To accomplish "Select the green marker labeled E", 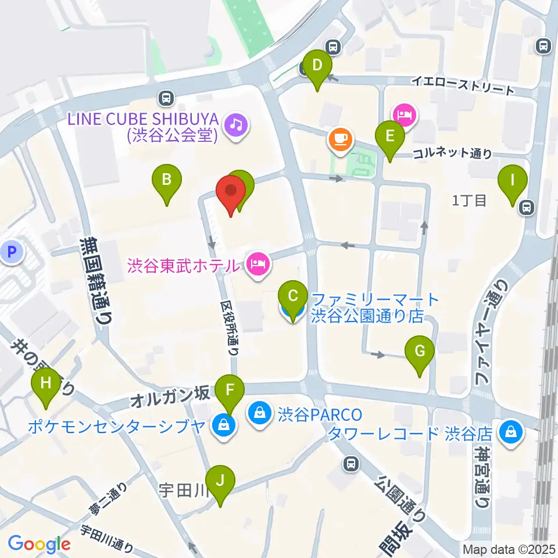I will coord(390,137).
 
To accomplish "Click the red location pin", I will coord(230,192).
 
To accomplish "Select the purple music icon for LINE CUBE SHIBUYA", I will coord(237,123).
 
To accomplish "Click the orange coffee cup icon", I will coord(339,139).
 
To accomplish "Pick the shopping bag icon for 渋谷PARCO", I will coord(258,414).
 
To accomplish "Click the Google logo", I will coord(39,544).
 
